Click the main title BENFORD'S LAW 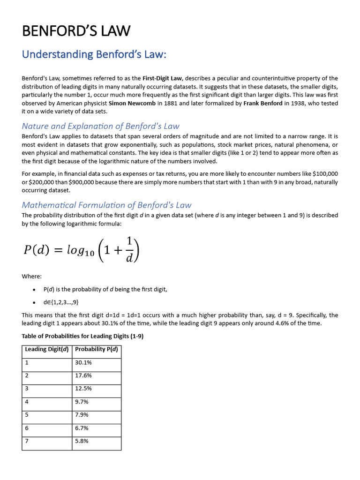click(x=76, y=31)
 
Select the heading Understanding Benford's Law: click(x=94, y=55)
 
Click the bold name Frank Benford click(x=263, y=103)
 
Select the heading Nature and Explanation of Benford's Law click(x=100, y=126)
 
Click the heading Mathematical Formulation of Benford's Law click(x=106, y=205)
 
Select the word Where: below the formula click(x=32, y=277)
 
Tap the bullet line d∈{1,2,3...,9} click(x=58, y=302)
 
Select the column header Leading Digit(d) click(x=46, y=349)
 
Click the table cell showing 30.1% click(x=83, y=362)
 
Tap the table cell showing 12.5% click(x=83, y=389)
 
